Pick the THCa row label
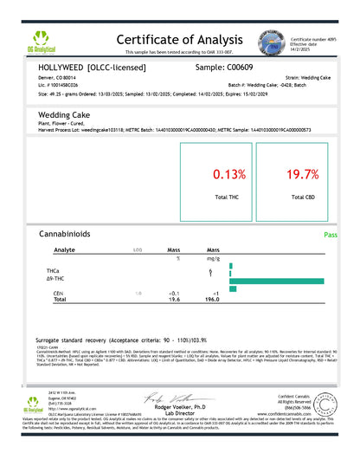pos(60,273)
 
